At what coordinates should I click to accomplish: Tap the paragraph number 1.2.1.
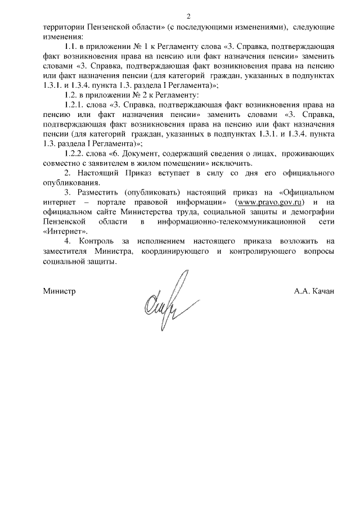click(x=76, y=105)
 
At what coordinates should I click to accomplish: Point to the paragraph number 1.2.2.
click(x=76, y=154)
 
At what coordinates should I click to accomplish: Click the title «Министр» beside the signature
click(x=59, y=292)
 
